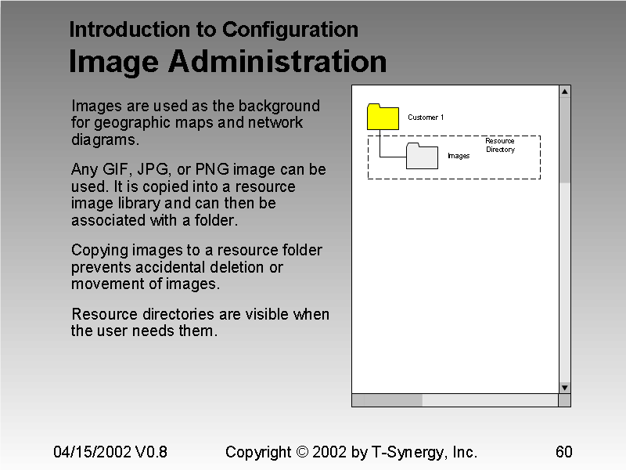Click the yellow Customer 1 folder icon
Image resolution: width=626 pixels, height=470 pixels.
(383, 117)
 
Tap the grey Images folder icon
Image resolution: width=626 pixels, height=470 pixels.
(422, 156)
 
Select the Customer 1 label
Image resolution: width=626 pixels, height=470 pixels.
(426, 117)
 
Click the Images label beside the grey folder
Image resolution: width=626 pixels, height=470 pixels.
(459, 156)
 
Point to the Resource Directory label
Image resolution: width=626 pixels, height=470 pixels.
(500, 145)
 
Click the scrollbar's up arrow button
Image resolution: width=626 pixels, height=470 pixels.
(564, 92)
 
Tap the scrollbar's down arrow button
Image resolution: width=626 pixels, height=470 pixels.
(564, 387)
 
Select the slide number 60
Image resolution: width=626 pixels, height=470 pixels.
(563, 452)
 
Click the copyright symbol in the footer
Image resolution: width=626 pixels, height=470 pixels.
(304, 452)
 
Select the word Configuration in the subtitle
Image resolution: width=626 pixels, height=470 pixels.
(290, 30)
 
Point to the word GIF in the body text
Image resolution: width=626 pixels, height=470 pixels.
(126, 169)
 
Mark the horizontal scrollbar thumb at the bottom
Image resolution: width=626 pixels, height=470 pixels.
(387, 400)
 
